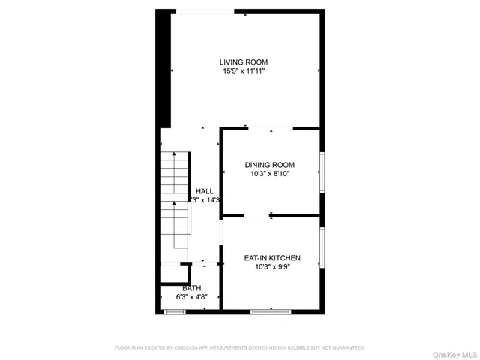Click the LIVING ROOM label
[244, 62]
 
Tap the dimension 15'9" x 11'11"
[244, 71]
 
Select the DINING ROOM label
[270, 165]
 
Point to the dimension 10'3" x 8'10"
[270, 174]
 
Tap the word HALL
[205, 191]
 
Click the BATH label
[192, 288]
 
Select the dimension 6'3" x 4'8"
[191, 297]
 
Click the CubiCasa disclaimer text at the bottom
[239, 347]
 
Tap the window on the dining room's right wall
[322, 172]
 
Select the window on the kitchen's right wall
[322, 247]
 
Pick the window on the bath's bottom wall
[175, 310]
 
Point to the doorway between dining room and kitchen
[259, 216]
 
